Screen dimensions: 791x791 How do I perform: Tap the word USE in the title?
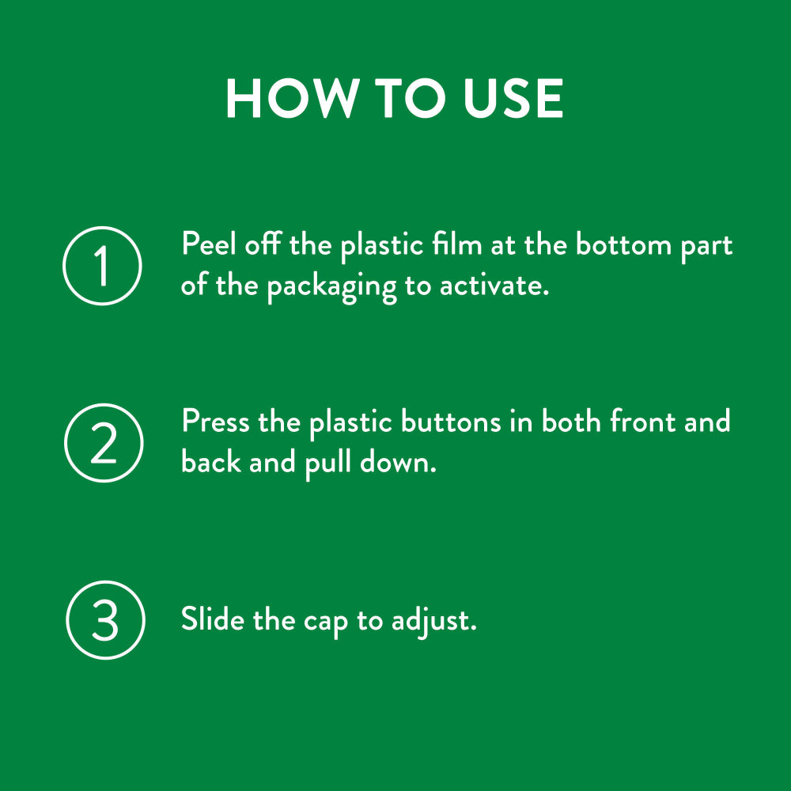[513, 98]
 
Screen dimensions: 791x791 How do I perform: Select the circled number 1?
[102, 266]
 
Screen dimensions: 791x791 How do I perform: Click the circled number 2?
[104, 443]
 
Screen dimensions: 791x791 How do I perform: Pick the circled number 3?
[105, 620]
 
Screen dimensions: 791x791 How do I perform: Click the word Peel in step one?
[208, 244]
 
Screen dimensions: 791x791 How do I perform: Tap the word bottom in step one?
[623, 244]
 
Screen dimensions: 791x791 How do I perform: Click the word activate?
[494, 286]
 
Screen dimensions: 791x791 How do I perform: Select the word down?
[398, 462]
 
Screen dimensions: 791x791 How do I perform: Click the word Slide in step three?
[213, 619]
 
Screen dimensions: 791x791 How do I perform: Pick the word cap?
[326, 622]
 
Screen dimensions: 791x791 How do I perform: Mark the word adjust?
[433, 621]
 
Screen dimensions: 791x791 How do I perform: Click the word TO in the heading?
[410, 98]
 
